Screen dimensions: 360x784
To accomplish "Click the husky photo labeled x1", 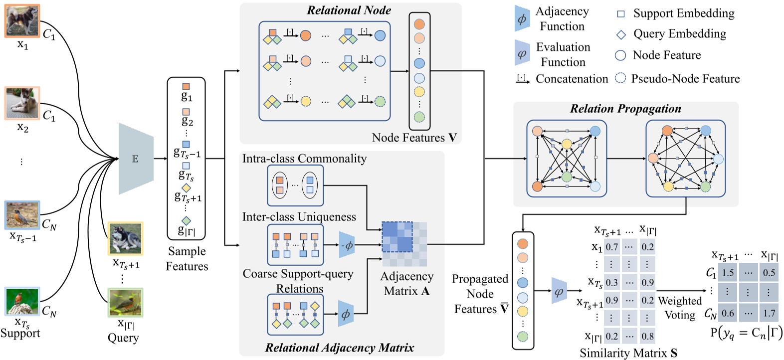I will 22,20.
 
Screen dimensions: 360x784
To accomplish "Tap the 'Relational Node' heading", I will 349,10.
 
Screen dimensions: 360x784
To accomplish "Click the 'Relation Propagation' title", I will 625,109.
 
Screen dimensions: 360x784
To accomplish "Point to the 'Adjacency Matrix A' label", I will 406,283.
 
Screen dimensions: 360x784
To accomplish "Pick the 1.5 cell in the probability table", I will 728,272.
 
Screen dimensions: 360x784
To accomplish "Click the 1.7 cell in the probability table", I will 769,313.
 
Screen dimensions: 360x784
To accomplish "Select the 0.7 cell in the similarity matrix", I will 611,247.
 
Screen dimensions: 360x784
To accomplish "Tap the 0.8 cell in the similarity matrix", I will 647,336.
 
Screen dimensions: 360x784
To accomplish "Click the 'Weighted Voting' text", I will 679,308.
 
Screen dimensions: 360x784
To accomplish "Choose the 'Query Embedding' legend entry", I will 679,34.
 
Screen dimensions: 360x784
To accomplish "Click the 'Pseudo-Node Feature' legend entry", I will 685,79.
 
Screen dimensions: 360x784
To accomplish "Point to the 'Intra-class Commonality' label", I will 304,159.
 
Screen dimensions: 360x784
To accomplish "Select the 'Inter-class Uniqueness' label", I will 299,217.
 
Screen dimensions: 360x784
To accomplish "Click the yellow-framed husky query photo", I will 125,238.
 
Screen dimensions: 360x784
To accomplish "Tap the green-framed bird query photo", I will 125,302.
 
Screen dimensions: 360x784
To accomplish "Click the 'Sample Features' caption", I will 187,258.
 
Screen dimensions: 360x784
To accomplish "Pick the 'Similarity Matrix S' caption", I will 628,353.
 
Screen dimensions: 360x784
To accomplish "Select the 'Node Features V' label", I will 414,138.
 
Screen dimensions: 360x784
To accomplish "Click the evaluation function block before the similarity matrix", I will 559,291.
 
